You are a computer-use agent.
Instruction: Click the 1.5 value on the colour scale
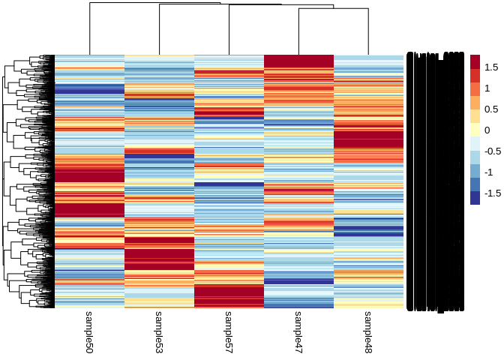(492, 67)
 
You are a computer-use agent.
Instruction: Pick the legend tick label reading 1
(489, 88)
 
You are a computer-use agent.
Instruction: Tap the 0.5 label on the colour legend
(492, 109)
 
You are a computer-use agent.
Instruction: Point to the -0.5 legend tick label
(493, 151)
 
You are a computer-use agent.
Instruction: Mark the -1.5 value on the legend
(493, 193)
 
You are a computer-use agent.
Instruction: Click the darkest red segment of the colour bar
(475, 62)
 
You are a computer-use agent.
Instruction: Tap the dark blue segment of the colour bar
(475, 198)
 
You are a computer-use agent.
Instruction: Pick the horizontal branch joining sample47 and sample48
(334, 9)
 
